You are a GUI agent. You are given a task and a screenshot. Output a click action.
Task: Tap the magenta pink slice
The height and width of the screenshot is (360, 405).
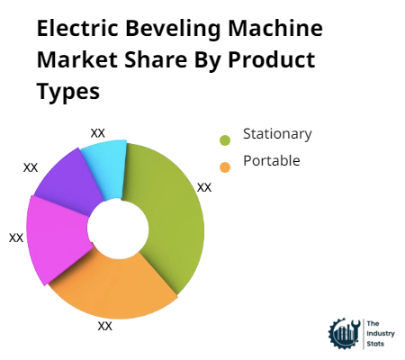point(56,238)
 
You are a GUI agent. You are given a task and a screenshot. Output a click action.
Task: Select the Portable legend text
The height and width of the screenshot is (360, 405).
point(266,161)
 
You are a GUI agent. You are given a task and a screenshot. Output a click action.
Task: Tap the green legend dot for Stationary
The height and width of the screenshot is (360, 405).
point(224,139)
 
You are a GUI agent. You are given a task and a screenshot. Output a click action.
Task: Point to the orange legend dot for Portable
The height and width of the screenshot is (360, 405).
point(224,166)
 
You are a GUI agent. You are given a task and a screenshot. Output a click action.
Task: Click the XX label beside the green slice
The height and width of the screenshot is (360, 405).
point(204,187)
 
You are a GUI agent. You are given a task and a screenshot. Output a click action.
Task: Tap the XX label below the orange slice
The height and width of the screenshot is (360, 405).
point(104,326)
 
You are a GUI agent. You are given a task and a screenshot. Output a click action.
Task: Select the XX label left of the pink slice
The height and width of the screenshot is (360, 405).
point(16,238)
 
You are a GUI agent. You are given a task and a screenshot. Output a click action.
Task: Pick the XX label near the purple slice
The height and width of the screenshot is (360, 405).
point(31,167)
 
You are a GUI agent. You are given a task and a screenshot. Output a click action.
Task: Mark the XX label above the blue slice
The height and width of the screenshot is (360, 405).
point(98,132)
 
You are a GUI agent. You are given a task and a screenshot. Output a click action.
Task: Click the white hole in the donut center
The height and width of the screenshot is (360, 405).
point(117,229)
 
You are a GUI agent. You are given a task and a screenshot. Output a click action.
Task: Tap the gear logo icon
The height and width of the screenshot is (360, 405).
point(344,333)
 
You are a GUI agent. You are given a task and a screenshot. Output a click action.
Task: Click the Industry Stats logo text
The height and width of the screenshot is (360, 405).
point(377,334)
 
